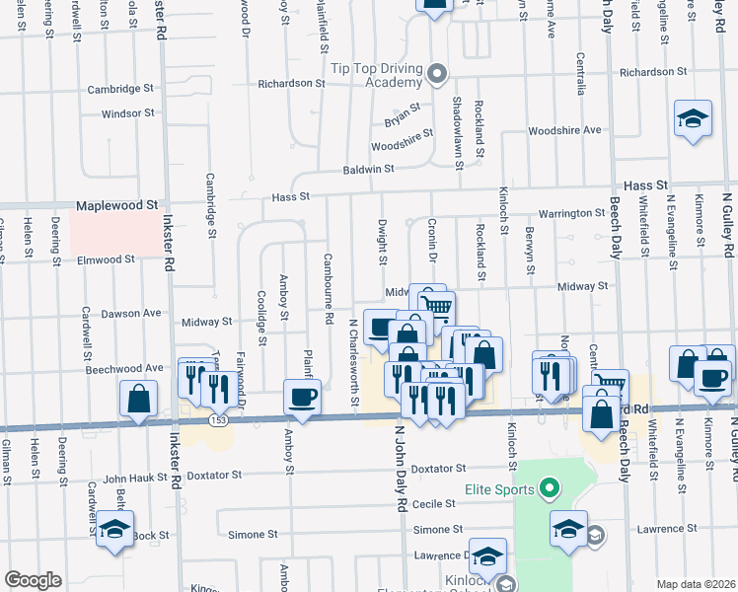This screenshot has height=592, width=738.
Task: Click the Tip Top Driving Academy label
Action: pos(377,74)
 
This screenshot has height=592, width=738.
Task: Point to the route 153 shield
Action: pos(215,420)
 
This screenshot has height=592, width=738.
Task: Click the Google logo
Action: pos(33,580)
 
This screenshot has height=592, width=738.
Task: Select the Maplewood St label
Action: pos(117,206)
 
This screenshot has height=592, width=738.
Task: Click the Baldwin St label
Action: pos(368,170)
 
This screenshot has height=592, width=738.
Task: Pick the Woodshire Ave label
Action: pos(564,130)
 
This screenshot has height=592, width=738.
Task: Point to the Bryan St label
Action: pos(403,114)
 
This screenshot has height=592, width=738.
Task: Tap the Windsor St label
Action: pos(127,113)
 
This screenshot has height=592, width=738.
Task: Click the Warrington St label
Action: pos(570,213)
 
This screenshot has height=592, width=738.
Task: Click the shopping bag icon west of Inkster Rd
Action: pos(139,398)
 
